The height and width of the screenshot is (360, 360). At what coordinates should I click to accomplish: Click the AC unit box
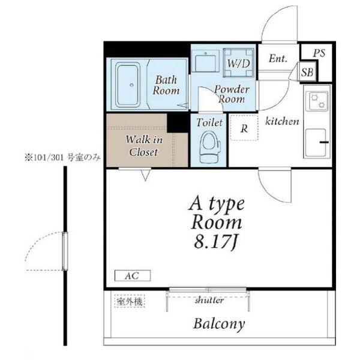pyautogui.click(x=133, y=275)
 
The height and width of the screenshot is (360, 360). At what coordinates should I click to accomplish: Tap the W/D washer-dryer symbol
pyautogui.click(x=238, y=63)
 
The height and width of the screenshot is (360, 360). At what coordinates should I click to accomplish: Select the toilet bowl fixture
pyautogui.click(x=208, y=147)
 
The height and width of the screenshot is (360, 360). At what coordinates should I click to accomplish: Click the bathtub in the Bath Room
pyautogui.click(x=128, y=85)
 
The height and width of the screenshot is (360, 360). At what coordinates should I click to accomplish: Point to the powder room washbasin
pyautogui.click(x=205, y=61)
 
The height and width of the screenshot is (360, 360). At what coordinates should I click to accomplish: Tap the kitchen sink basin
pyautogui.click(x=316, y=143)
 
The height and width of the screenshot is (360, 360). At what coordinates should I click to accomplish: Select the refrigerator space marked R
pyautogui.click(x=244, y=128)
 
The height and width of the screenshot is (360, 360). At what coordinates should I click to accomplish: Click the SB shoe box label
pyautogui.click(x=307, y=73)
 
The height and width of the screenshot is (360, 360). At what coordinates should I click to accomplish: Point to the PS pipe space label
pyautogui.click(x=319, y=53)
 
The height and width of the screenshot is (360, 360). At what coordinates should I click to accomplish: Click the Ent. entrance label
pyautogui.click(x=278, y=58)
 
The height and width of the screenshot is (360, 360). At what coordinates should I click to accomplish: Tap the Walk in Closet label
pyautogui.click(x=144, y=146)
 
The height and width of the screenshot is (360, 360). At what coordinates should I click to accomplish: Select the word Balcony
pyautogui.click(x=219, y=324)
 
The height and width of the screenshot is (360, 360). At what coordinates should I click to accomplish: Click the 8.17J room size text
pyautogui.click(x=215, y=242)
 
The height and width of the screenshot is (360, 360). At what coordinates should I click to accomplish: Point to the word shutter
pyautogui.click(x=209, y=300)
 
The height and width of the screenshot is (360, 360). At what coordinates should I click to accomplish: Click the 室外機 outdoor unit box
pyautogui.click(x=130, y=301)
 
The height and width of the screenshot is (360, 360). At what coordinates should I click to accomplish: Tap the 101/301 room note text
pyautogui.click(x=62, y=158)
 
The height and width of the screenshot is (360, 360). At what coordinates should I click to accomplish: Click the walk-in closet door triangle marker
pyautogui.click(x=145, y=175)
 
